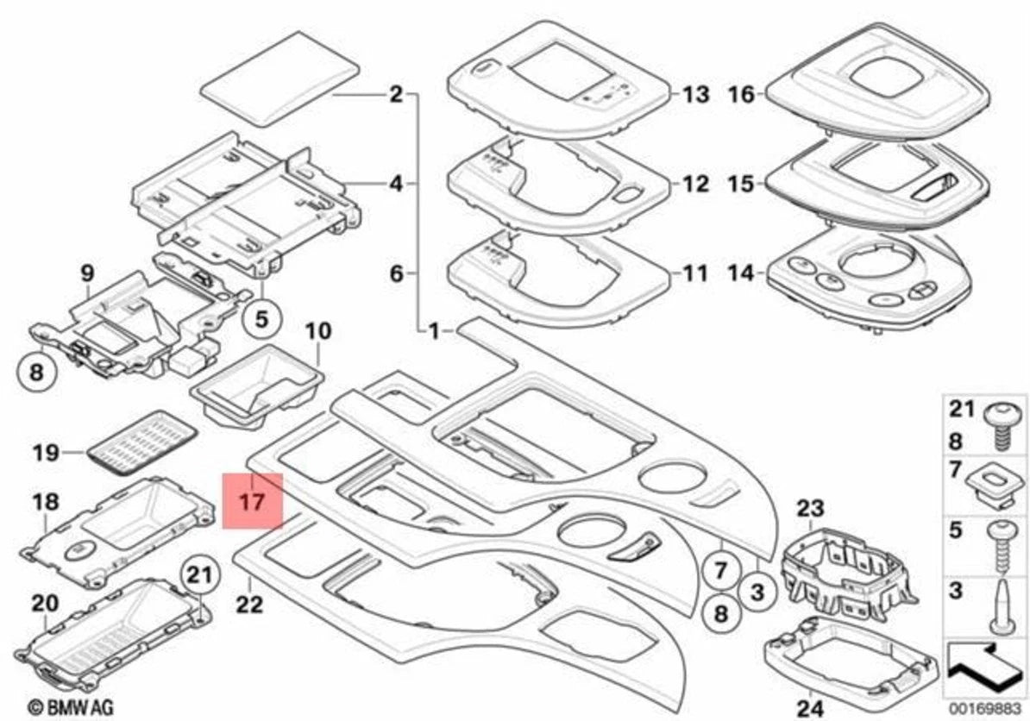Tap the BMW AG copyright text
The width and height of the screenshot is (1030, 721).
[x=72, y=707]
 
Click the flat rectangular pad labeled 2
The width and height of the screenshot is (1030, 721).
[x=279, y=78]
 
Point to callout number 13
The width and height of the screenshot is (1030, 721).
[x=695, y=95]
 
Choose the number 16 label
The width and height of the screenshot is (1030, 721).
[x=742, y=95]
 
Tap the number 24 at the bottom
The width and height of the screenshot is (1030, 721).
[x=810, y=709]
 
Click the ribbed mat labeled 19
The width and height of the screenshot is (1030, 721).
[x=142, y=442]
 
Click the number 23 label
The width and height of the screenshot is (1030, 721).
[x=810, y=508]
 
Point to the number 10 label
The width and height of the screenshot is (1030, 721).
[x=318, y=330]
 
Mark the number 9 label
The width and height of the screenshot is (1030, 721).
[x=87, y=273]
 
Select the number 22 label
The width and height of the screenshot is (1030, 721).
[x=249, y=603]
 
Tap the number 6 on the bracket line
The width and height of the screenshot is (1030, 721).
[x=396, y=273]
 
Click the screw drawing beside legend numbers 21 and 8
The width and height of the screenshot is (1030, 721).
[x=1004, y=427]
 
